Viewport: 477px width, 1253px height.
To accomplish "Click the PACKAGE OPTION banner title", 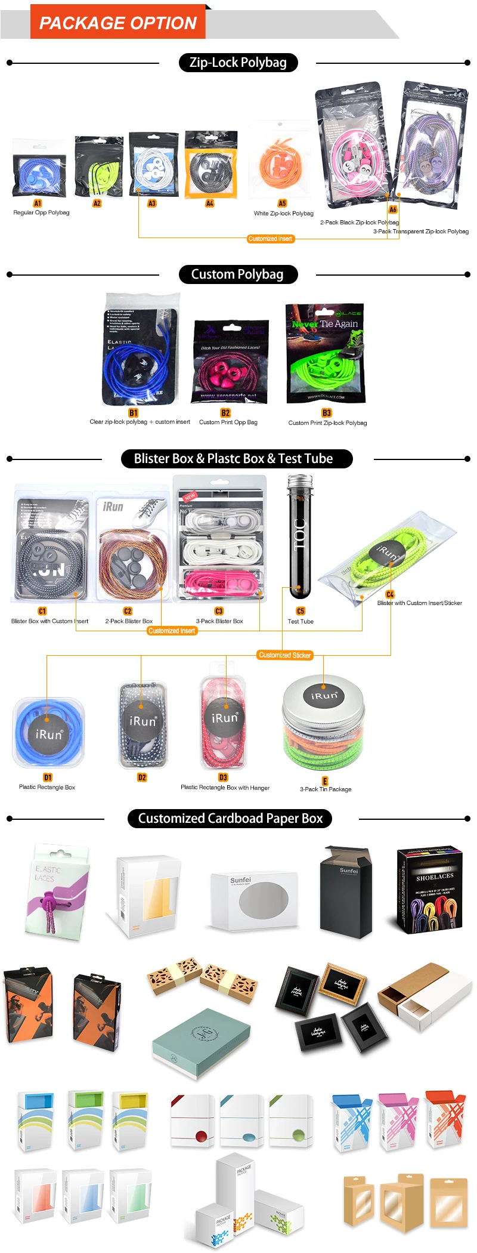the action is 117,23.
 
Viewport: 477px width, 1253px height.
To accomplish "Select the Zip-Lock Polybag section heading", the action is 238,63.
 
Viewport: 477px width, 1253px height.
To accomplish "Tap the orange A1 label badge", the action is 38,203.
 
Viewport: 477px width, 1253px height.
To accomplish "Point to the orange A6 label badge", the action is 392,209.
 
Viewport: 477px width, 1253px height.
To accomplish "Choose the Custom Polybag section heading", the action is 237,274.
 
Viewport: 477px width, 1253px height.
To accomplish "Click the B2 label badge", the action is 225,413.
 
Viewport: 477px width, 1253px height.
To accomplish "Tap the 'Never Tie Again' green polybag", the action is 326,353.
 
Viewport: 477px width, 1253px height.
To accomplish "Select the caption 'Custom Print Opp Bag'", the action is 228,422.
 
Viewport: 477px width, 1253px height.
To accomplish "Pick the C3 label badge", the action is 219,611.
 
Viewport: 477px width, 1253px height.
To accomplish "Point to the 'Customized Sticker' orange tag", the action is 285,655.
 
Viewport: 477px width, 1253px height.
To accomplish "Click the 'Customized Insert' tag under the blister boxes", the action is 172,631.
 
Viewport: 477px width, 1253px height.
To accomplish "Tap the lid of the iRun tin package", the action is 324,695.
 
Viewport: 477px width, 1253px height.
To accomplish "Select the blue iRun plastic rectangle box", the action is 48,732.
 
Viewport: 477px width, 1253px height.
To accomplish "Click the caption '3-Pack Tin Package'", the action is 326,789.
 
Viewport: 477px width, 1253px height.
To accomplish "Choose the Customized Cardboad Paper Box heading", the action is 230,819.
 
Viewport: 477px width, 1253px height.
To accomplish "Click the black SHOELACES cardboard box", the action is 429,888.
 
